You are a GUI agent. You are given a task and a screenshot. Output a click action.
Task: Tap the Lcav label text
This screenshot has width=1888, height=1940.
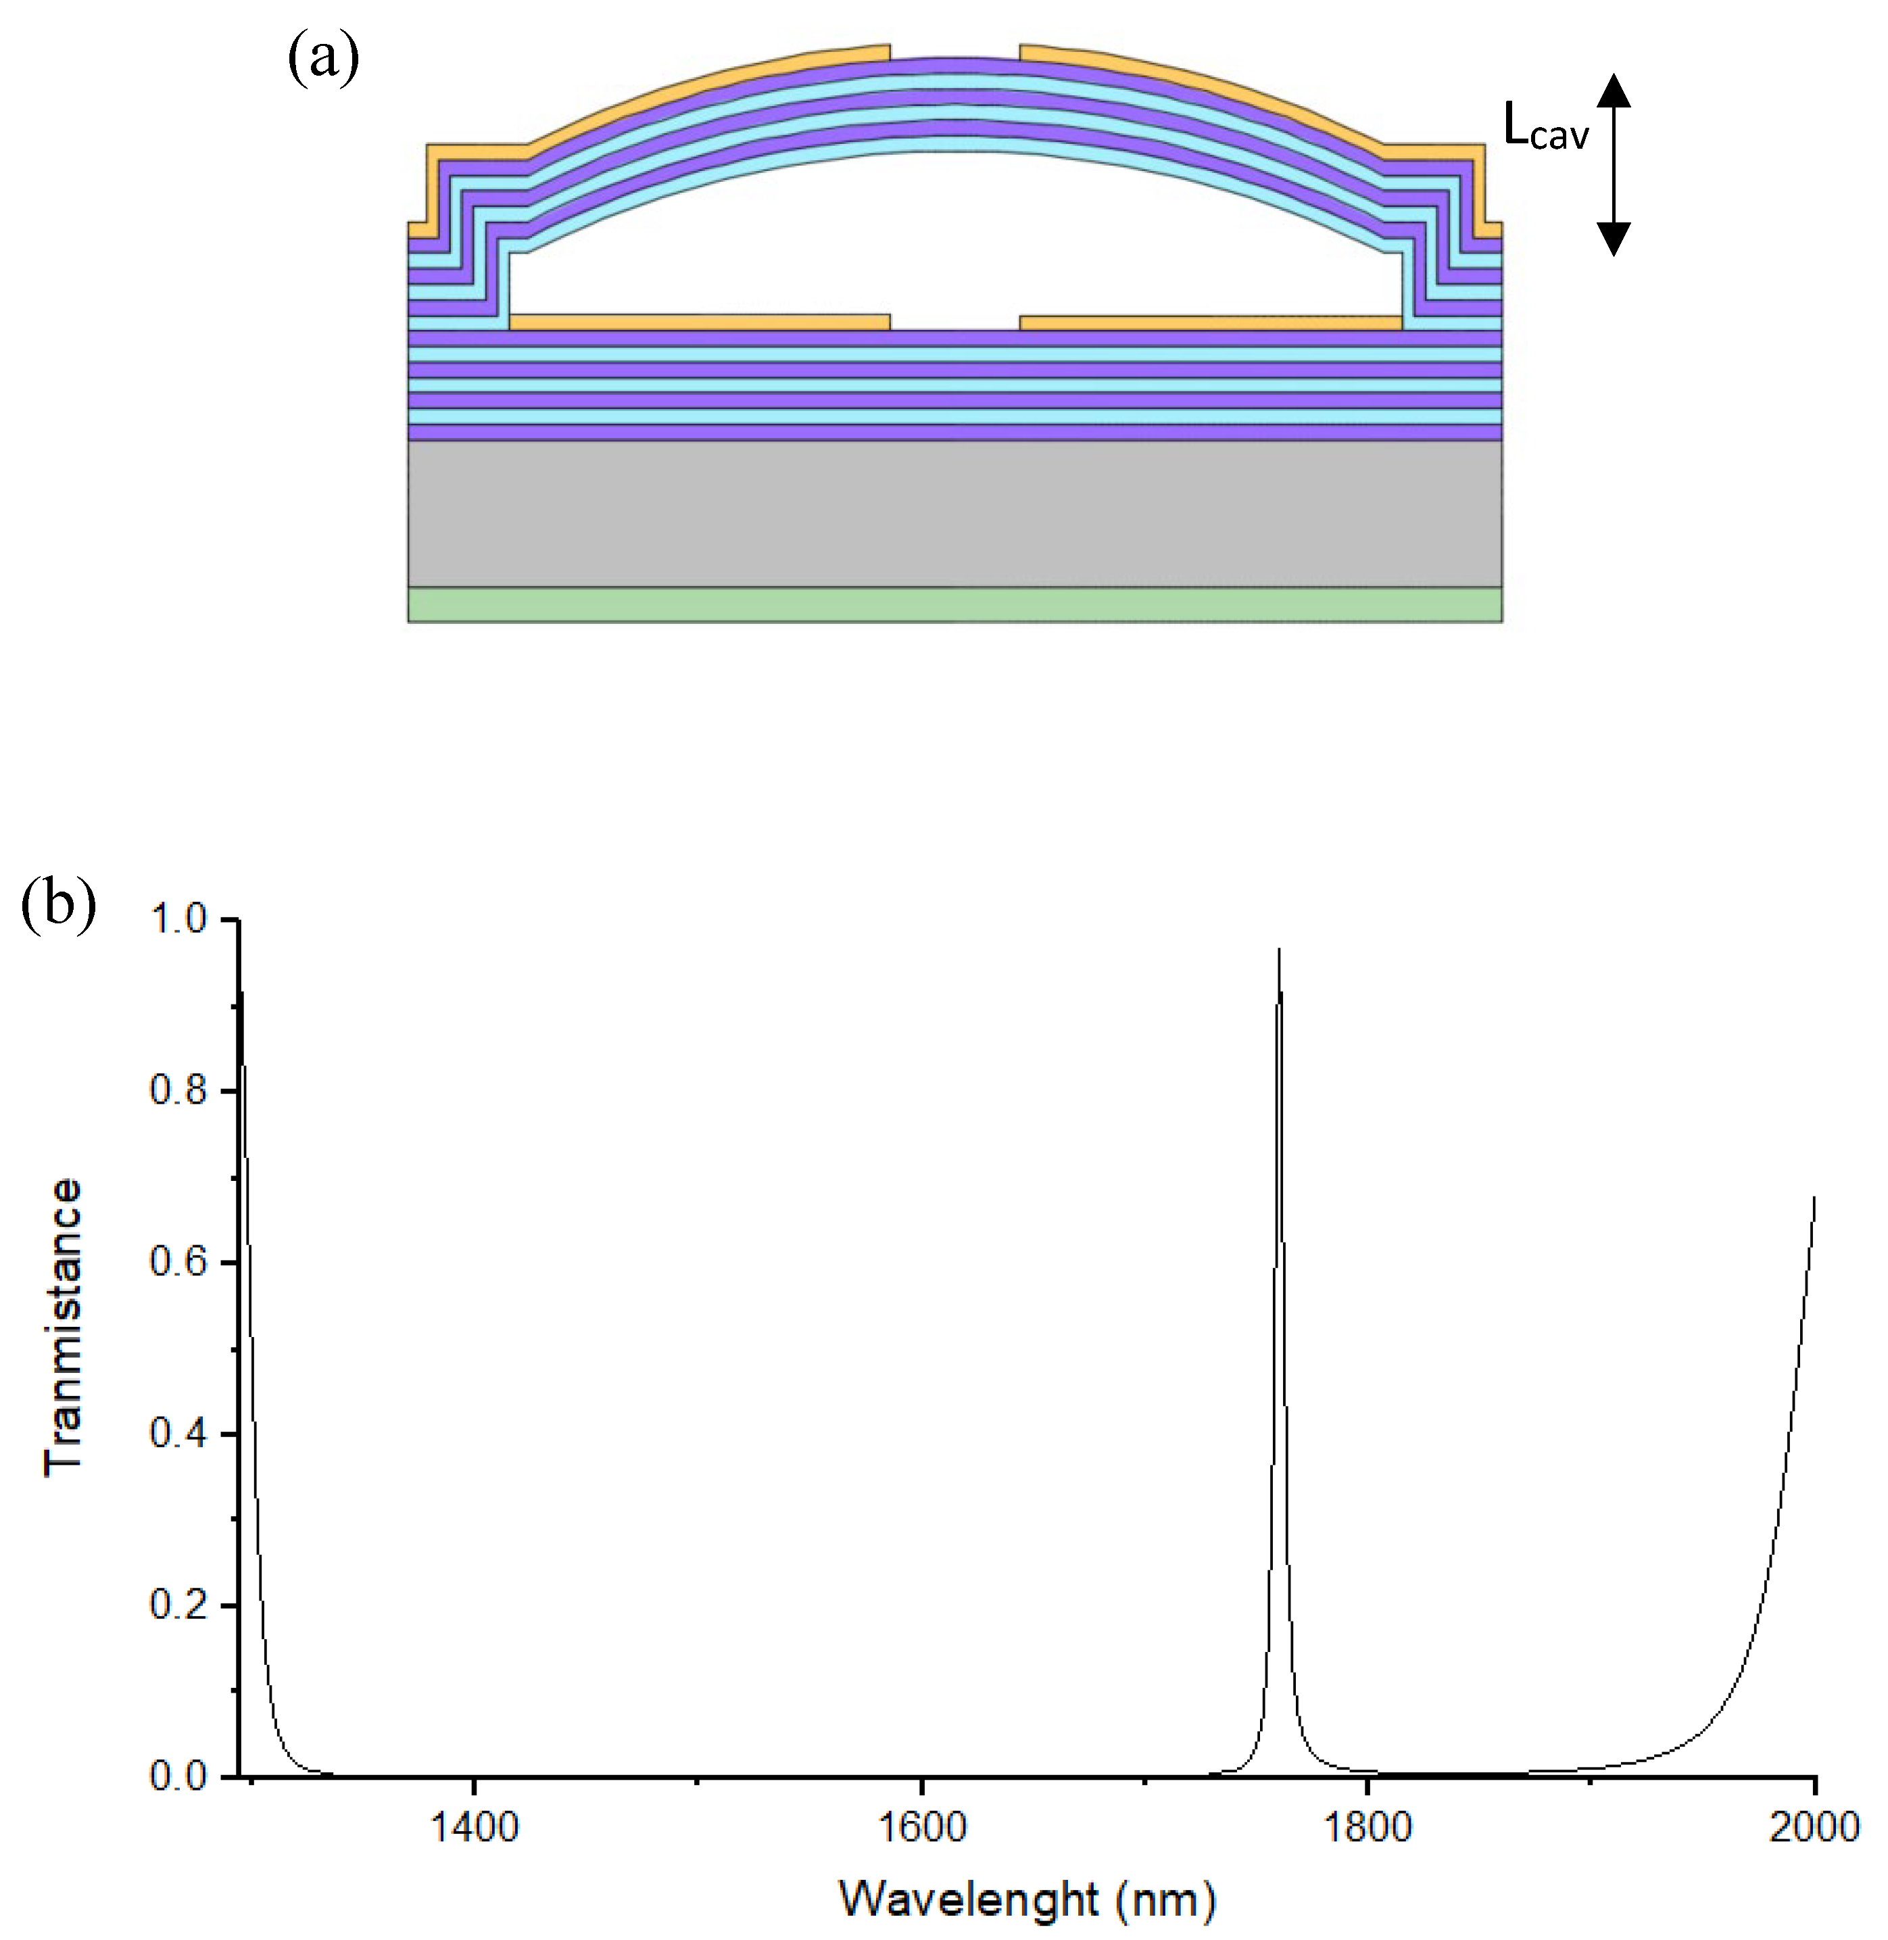(1545, 127)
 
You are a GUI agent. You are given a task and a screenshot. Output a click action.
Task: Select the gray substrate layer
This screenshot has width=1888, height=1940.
(954, 514)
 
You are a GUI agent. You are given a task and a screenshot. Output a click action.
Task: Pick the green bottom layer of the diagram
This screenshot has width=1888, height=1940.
(954, 605)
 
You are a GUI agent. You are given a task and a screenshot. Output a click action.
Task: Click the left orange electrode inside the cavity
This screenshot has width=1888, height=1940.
(699, 322)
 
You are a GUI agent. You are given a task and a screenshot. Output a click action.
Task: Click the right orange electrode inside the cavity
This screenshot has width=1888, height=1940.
(1210, 322)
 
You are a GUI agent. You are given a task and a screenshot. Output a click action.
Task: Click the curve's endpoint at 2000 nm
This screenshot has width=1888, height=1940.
(1814, 1198)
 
